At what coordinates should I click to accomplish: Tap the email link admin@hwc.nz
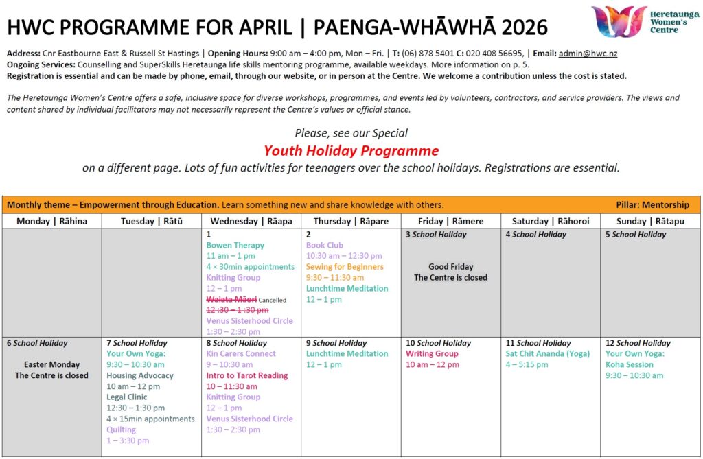pos(579,54)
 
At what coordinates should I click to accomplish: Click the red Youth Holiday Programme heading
pos(351,150)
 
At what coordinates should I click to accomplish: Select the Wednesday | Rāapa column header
pos(251,221)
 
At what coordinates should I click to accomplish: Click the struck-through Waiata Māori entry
pos(232,299)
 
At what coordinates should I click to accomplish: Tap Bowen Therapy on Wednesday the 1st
pos(235,245)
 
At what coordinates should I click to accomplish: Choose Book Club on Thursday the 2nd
pos(325,245)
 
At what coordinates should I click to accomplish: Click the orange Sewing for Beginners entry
pos(345,267)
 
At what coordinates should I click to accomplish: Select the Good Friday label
pos(450,267)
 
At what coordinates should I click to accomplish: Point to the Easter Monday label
pos(51,364)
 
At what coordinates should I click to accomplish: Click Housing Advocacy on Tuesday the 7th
pos(140,375)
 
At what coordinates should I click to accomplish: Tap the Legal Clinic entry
pos(126,397)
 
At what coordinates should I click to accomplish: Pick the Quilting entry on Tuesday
pos(121,429)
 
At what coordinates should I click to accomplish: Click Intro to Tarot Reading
pos(247,375)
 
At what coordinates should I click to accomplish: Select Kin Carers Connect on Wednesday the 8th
pos(241,353)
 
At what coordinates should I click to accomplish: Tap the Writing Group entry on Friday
pos(432,353)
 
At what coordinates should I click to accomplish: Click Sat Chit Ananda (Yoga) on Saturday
pos(547,353)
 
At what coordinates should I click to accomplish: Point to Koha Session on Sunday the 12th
pos(630,364)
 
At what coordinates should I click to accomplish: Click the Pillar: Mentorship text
pos(652,204)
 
